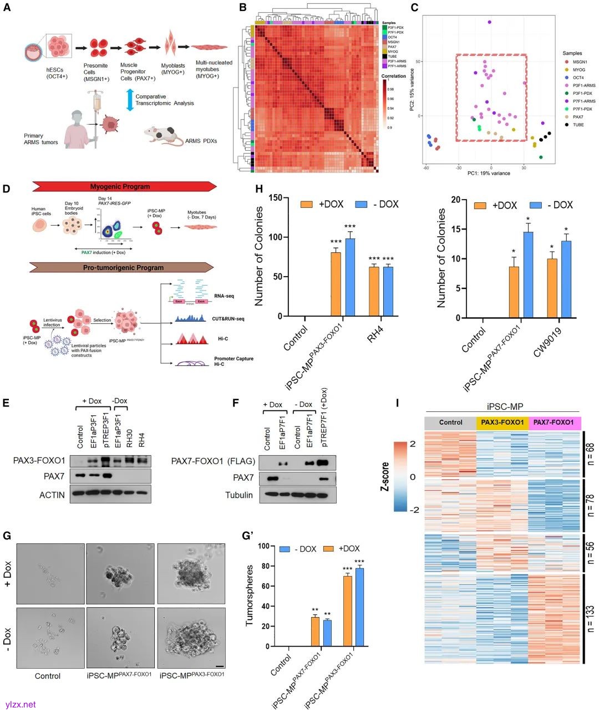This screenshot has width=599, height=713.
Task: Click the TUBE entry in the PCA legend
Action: pyautogui.click(x=575, y=125)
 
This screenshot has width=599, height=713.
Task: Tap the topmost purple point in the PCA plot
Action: pyautogui.click(x=490, y=22)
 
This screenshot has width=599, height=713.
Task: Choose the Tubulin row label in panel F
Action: pyautogui.click(x=238, y=495)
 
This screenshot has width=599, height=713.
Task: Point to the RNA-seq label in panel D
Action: pyautogui.click(x=224, y=296)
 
